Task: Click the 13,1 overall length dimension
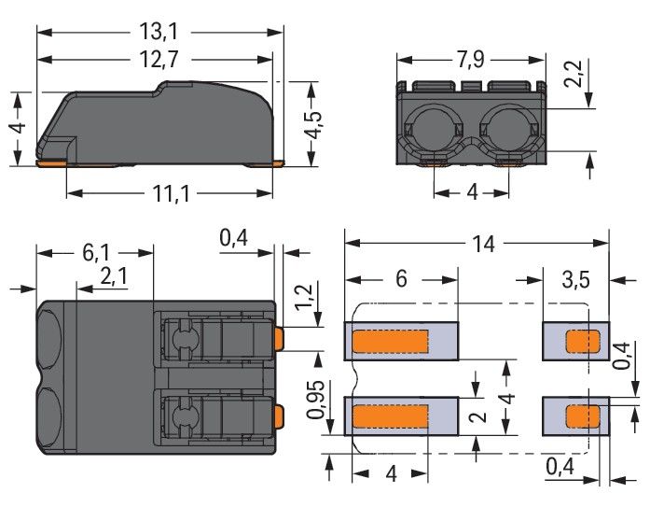coord(159,31)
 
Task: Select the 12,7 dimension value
coord(159,60)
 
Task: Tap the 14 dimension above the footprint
coord(483,244)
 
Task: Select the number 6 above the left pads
coord(401,279)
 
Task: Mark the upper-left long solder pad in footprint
coord(401,341)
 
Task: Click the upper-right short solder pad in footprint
coord(575,341)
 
